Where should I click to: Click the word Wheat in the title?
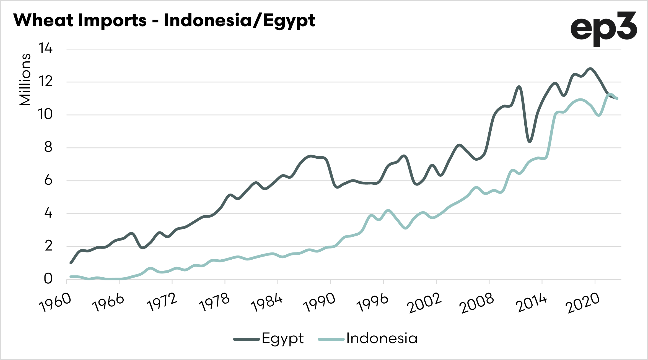(44, 20)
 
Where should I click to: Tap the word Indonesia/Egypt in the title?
(239, 21)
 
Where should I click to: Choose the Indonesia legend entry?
(382, 338)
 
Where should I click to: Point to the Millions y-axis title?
(25, 80)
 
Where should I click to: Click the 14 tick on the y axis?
(45, 49)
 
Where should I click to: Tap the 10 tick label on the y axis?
(45, 114)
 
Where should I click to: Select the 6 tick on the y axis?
(48, 180)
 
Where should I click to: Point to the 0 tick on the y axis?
(48, 279)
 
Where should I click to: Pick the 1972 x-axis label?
(162, 302)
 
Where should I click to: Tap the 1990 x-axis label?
(320, 302)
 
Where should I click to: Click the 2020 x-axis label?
(582, 303)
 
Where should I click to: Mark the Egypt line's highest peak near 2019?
(590, 69)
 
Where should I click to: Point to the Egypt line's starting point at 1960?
(71, 263)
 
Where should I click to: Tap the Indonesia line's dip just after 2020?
(599, 115)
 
